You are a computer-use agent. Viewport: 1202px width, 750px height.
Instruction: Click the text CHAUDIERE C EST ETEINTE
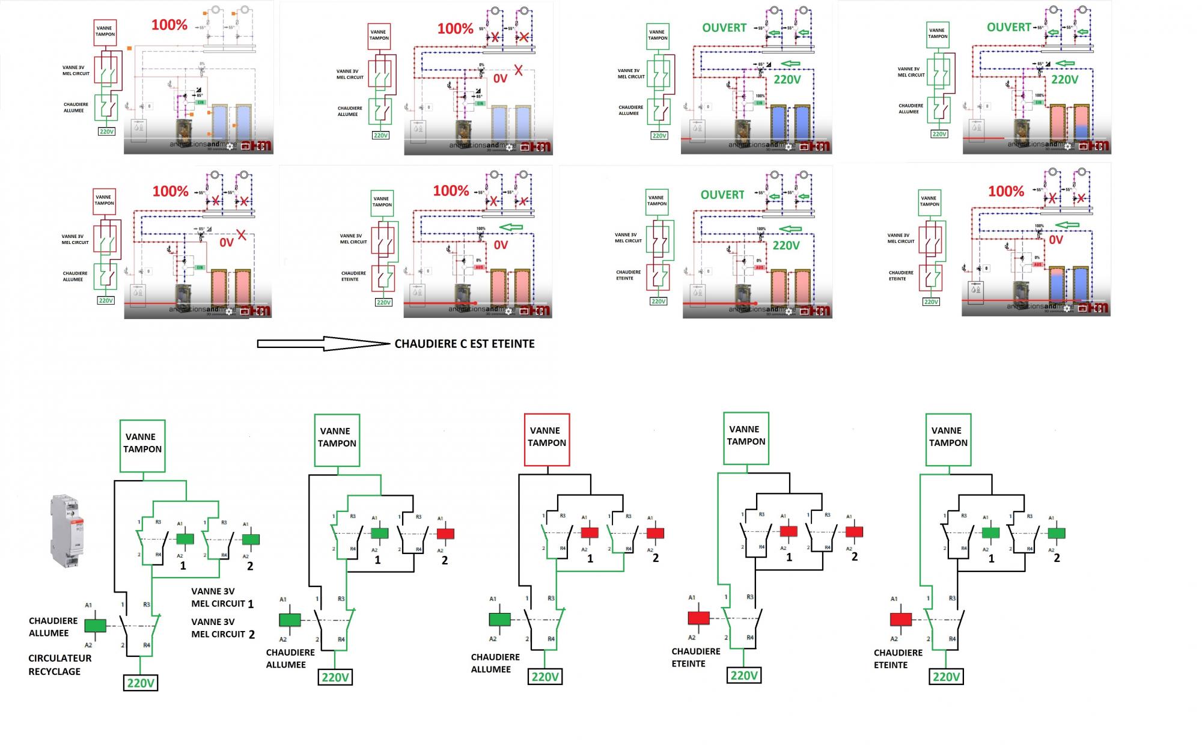point(465,344)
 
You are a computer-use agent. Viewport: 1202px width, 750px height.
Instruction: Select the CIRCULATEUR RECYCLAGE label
point(59,665)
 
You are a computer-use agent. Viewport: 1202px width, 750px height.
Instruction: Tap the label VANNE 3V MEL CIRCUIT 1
point(222,597)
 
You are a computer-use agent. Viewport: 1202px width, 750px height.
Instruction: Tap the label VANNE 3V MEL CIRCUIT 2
point(222,628)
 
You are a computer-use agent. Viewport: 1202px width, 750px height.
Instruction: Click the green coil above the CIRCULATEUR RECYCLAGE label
point(95,626)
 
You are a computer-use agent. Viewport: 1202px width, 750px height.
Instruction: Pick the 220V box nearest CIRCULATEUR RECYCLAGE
point(141,683)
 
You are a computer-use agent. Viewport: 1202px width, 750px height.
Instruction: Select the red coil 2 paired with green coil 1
point(445,534)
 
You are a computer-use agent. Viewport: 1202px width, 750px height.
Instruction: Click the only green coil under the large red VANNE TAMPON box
point(499,619)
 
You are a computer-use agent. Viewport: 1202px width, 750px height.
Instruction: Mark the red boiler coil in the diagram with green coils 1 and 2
point(901,619)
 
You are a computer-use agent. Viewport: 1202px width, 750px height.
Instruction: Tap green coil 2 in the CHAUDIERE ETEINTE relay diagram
point(1057,533)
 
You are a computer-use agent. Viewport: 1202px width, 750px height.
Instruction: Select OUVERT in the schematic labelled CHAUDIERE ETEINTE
point(722,195)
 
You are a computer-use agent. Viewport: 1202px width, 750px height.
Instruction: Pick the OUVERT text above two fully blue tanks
point(724,28)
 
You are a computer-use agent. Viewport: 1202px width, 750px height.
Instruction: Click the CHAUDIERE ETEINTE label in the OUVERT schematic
point(629,275)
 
